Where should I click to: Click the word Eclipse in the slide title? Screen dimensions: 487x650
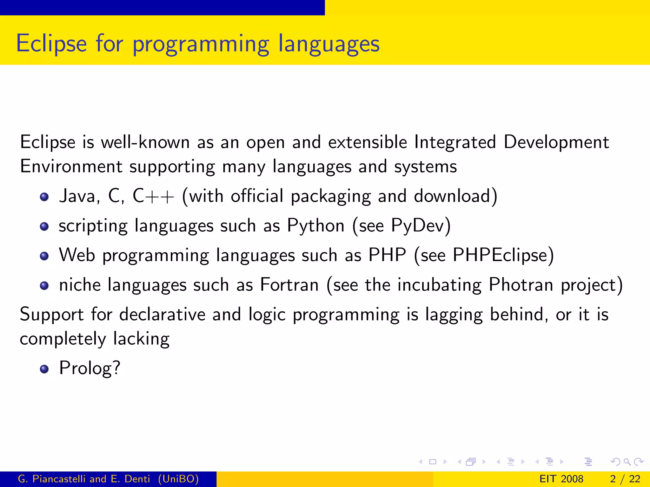51,43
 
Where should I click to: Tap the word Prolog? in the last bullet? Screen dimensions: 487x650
90,368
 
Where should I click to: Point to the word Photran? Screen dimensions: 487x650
521,284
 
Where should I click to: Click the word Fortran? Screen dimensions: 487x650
289,284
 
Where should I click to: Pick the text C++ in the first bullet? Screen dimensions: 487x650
153,196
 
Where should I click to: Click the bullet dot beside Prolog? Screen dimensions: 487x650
44,369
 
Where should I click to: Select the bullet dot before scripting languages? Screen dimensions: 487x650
44,226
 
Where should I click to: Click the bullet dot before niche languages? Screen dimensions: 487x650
44,285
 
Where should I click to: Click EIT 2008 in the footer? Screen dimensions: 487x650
561,479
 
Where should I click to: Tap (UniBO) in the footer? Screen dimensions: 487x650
178,479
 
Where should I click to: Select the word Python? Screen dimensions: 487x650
315,226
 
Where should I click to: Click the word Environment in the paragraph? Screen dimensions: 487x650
71,166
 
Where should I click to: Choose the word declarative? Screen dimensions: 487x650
162,315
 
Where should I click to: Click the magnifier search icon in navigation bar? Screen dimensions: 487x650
627,462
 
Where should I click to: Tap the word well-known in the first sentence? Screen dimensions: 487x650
145,142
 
